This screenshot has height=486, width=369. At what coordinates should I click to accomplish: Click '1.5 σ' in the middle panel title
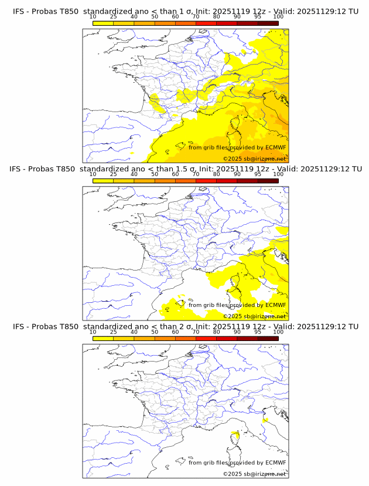(x=187, y=169)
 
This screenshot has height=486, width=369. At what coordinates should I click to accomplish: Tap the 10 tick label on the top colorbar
(x=93, y=17)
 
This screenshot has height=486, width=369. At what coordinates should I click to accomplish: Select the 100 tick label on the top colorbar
(x=278, y=17)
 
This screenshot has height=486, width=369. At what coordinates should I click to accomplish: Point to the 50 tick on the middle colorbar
(x=155, y=174)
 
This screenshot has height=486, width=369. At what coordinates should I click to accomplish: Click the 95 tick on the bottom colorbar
(x=258, y=332)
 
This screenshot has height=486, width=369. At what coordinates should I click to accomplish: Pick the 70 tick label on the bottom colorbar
(x=196, y=332)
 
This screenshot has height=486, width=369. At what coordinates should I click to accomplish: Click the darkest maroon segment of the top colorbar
(x=268, y=23)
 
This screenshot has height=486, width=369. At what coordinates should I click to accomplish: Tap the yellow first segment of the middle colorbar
(x=103, y=180)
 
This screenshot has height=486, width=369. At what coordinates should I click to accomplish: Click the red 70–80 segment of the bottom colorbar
(x=206, y=338)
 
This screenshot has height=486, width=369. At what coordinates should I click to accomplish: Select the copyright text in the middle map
(x=254, y=316)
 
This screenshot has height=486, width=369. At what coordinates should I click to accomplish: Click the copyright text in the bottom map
(x=254, y=474)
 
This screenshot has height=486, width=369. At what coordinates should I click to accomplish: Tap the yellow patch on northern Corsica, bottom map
(x=235, y=435)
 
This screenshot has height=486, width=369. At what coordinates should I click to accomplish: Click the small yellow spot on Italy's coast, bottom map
(x=265, y=420)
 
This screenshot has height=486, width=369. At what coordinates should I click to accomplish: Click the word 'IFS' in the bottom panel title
(x=19, y=326)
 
